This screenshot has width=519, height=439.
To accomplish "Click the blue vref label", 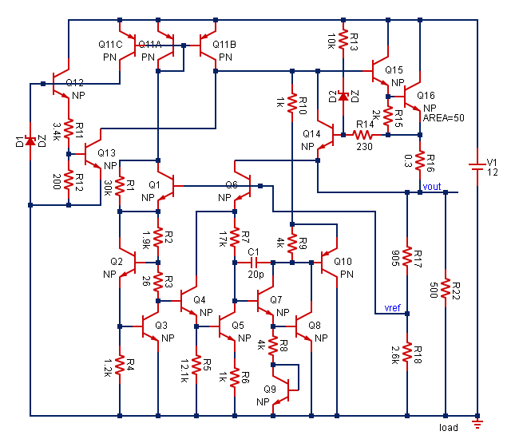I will pyautogui.click(x=393, y=307).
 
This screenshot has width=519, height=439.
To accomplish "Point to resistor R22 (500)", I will pyautogui.click(x=446, y=288).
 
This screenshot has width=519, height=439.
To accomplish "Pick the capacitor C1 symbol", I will pyautogui.click(x=254, y=262).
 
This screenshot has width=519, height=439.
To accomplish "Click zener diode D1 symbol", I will pyautogui.click(x=30, y=141).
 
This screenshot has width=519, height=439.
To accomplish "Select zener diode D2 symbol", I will pyautogui.click(x=343, y=97).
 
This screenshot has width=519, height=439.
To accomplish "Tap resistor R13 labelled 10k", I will pyautogui.click(x=343, y=39).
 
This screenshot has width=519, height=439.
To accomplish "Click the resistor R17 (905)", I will pyautogui.click(x=407, y=256).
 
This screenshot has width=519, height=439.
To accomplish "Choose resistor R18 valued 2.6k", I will pyautogui.click(x=407, y=351).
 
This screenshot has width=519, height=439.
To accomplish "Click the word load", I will pyautogui.click(x=449, y=429).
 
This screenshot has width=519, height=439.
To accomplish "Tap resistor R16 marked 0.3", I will pyautogui.click(x=419, y=161).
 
